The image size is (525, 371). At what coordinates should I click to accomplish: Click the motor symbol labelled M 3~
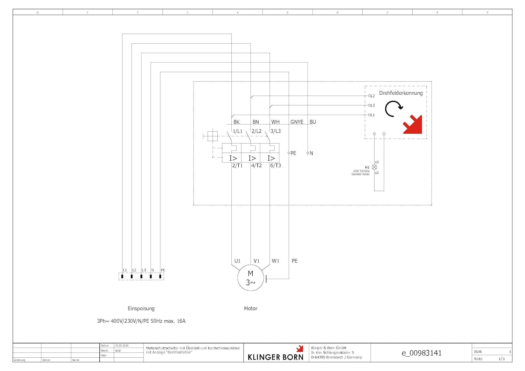[250, 278]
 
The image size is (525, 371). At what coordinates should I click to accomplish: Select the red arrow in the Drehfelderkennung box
[413, 125]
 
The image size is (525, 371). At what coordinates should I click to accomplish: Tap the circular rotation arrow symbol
[393, 109]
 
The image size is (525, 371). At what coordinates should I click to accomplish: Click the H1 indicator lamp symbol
[374, 167]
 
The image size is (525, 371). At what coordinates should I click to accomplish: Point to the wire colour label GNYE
[297, 122]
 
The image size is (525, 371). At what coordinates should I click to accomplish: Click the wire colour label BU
[313, 122]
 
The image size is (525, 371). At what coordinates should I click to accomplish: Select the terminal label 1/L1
[238, 131]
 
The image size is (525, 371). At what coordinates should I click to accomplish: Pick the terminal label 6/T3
[275, 166]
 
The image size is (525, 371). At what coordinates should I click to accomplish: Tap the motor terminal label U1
[237, 261]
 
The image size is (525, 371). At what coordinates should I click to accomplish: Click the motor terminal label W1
[275, 261]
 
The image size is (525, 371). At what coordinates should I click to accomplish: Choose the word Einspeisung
[141, 308]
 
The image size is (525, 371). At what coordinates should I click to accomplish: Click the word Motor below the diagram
[251, 308]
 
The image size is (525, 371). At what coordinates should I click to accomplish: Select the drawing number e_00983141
[421, 353]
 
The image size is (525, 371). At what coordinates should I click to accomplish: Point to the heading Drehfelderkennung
[401, 93]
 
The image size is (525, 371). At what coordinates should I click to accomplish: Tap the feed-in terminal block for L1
[122, 276]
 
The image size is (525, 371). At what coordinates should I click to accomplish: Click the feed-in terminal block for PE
[160, 276]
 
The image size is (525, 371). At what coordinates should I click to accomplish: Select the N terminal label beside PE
[311, 153]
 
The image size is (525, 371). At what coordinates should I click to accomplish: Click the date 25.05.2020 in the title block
[122, 346]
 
